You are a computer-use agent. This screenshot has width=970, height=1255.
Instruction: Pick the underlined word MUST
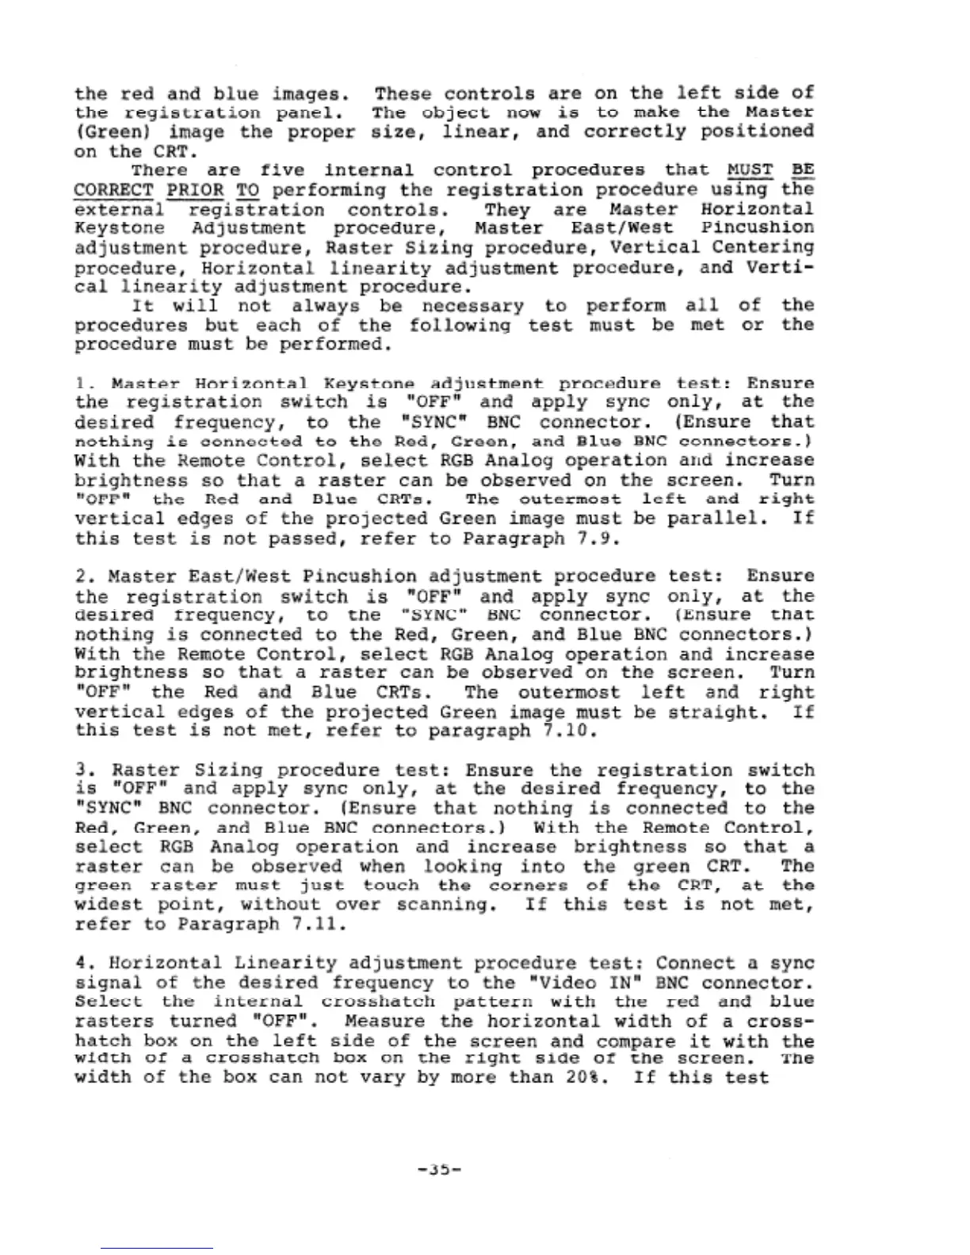point(750,170)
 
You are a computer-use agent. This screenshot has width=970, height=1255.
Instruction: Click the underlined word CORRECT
point(113,190)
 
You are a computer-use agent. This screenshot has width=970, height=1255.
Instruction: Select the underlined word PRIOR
point(195,190)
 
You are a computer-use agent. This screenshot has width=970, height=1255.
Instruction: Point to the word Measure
point(387,1021)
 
